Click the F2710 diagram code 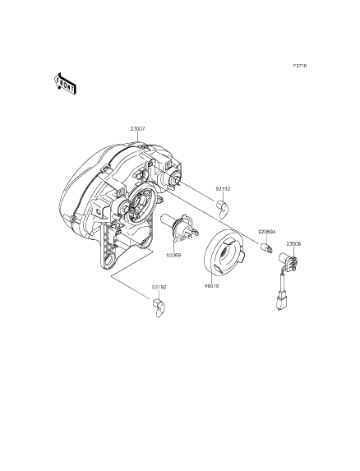[300, 66]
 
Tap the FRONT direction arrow [65, 84]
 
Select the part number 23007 [137, 129]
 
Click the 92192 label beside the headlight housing [224, 189]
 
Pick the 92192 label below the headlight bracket [159, 287]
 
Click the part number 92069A [267, 232]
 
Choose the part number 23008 [293, 244]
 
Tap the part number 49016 [212, 286]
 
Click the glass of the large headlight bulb [168, 224]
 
